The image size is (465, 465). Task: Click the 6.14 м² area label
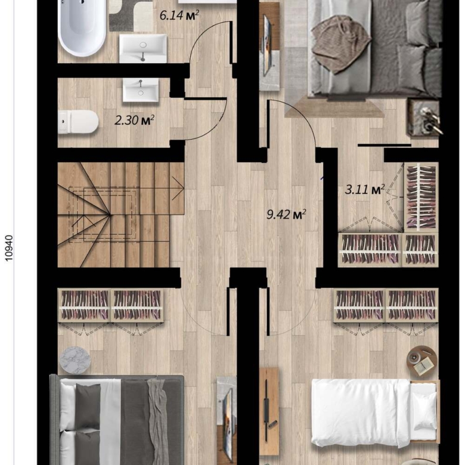pyautogui.click(x=179, y=15)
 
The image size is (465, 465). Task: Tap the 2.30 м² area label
pyautogui.click(x=134, y=120)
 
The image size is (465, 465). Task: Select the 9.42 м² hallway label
pyautogui.click(x=286, y=214)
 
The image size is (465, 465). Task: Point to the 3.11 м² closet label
pyautogui.click(x=365, y=189)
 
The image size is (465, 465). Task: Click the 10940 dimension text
pyautogui.click(x=10, y=248)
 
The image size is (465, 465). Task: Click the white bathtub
pyautogui.click(x=82, y=27)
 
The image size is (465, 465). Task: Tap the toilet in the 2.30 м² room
pyautogui.click(x=78, y=122)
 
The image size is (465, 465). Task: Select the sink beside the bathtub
pyautogui.click(x=143, y=48)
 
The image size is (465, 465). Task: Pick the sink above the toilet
pyautogui.click(x=141, y=90)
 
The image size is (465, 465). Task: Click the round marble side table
pyautogui.click(x=75, y=360)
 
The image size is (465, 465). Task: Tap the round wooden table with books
pyautogui.click(x=422, y=361)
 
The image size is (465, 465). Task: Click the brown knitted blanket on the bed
pyautogui.click(x=340, y=45)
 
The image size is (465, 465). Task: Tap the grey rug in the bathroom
pyautogui.click(x=131, y=15)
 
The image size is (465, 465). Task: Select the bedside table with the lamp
pyautogui.click(x=424, y=117)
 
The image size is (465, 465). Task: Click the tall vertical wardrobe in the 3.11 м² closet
pyautogui.click(x=421, y=197)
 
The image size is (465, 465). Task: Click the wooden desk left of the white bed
pyautogui.click(x=269, y=411)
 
